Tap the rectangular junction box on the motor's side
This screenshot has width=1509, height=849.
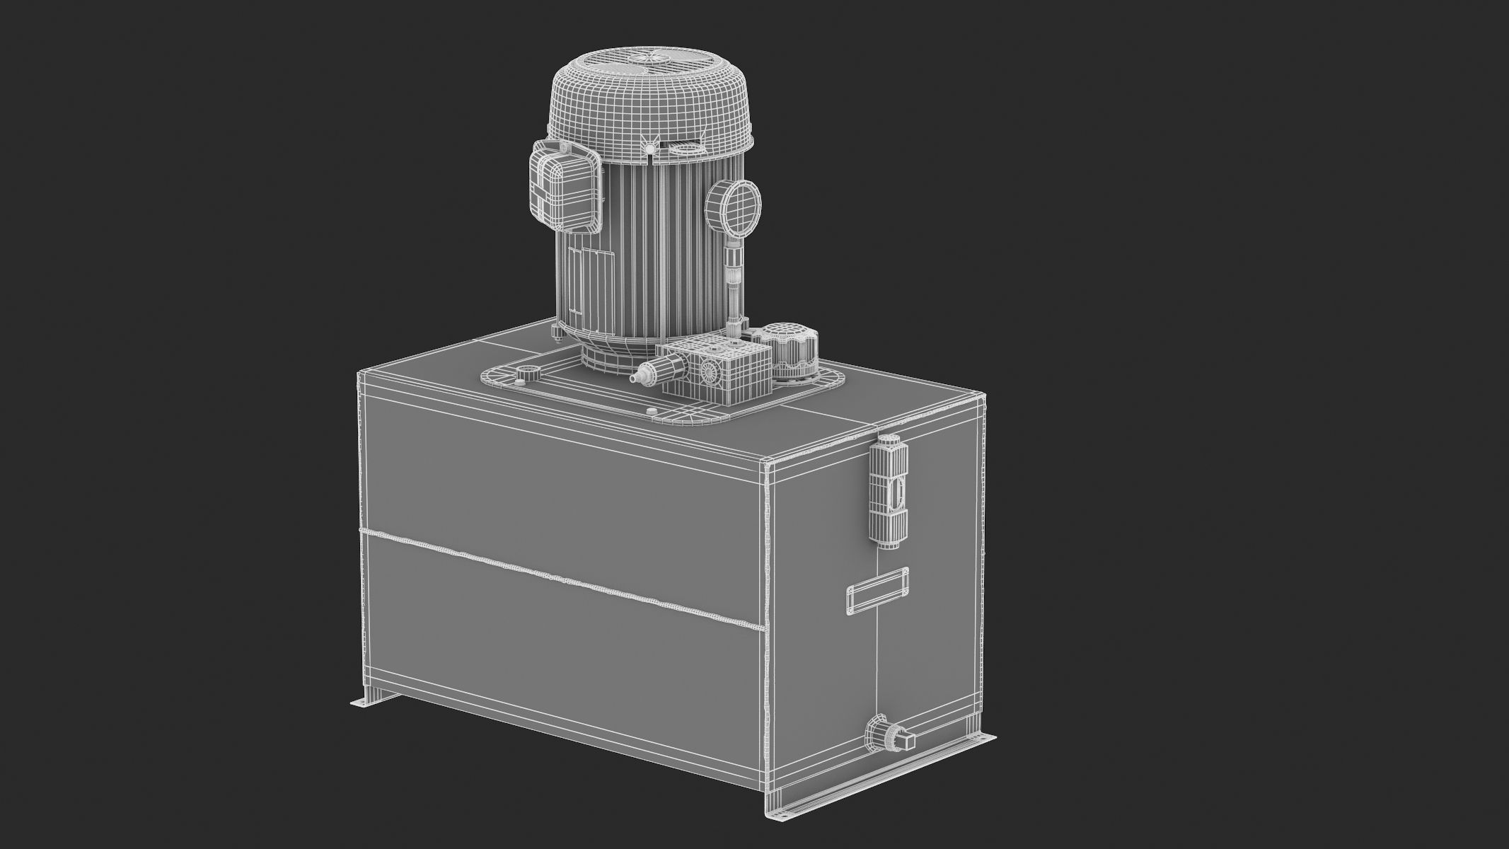(565, 187)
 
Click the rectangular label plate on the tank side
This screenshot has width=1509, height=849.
(877, 589)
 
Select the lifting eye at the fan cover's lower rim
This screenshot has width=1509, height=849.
(649, 166)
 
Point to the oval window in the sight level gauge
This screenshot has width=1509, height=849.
(897, 490)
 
